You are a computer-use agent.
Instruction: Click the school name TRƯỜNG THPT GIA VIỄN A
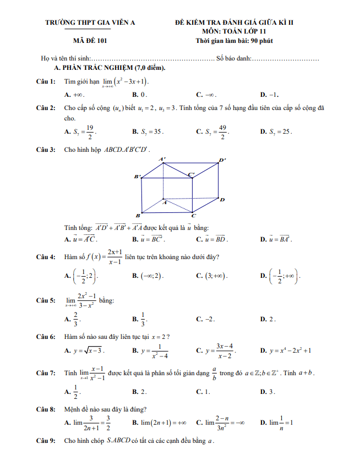pyautogui.click(x=90, y=23)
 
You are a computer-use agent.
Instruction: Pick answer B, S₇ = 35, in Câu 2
pyautogui.click(x=148, y=132)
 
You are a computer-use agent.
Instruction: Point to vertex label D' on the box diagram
pyautogui.click(x=222, y=161)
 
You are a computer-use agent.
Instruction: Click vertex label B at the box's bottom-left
pyautogui.click(x=138, y=215)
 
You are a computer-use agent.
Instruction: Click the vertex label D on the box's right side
pyautogui.click(x=222, y=199)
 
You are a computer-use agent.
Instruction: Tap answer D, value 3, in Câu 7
pyautogui.click(x=268, y=392)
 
